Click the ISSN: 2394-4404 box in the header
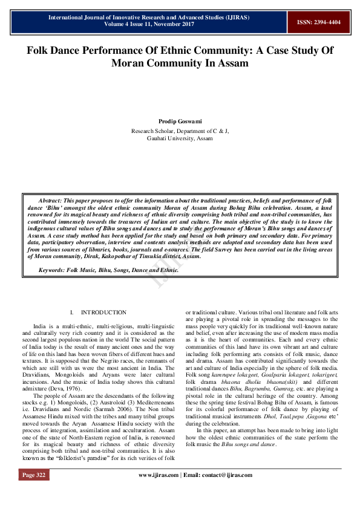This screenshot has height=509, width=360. click(x=318, y=22)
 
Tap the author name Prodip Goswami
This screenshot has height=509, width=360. click(x=180, y=122)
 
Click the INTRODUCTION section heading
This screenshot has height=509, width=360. click(x=103, y=313)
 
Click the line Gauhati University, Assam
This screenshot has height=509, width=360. click(x=180, y=138)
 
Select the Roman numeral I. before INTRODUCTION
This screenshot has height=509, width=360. click(x=72, y=313)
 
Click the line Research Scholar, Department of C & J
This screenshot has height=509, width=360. click(x=180, y=131)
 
